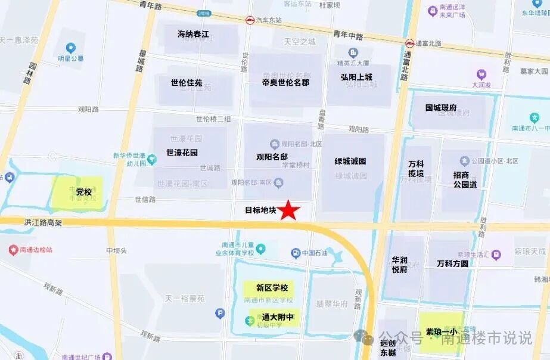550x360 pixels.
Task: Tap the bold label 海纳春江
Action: (x=194, y=34)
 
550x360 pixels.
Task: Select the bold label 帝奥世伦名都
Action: (x=285, y=82)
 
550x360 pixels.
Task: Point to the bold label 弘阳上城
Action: (x=356, y=77)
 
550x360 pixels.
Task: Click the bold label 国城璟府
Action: (x=441, y=108)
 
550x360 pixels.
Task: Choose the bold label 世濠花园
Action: (x=182, y=152)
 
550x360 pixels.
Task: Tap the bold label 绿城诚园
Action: (x=350, y=161)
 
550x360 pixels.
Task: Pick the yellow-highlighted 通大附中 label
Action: (x=278, y=317)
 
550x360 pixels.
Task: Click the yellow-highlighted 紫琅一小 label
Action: (x=442, y=331)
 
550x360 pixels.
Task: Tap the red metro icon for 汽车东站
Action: (x=250, y=20)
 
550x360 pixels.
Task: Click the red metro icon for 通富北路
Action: (x=409, y=43)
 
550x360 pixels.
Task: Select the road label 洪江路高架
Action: (x=43, y=222)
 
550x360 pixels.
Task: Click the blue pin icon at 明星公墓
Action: (x=71, y=48)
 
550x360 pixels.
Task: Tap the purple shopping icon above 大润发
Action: (x=481, y=75)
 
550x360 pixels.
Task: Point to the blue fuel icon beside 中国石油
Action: (x=295, y=253)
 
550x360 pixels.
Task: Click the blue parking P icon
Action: (x=220, y=313)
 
